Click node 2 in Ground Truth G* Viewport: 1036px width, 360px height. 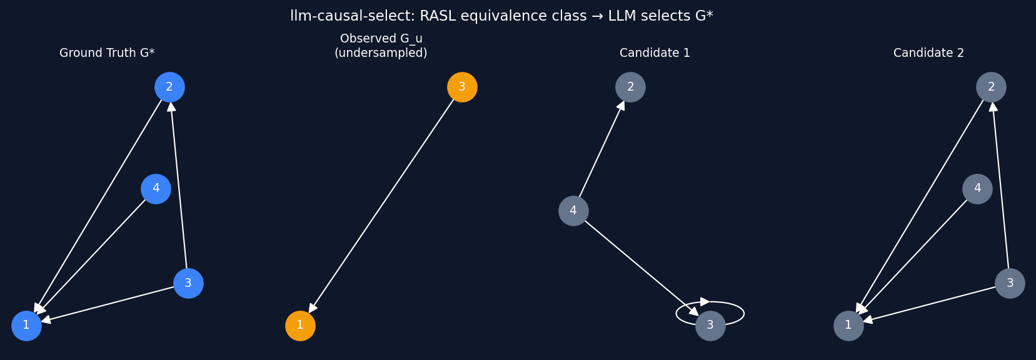coord(169,87)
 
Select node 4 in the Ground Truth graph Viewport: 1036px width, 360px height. coord(156,189)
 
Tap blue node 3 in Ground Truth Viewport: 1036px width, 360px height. coord(188,283)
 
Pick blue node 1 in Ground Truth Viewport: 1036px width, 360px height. coord(26,326)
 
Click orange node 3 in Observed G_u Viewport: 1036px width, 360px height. coord(462,87)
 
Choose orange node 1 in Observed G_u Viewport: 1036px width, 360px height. coord(300,326)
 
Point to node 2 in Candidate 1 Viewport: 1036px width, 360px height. coord(630,87)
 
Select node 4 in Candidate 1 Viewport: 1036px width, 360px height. coord(573,211)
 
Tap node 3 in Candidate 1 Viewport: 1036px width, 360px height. coord(710,326)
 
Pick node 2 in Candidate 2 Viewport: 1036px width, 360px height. coord(991,87)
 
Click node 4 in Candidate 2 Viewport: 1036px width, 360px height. coord(977,189)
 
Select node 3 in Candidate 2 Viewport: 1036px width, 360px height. coord(1010,283)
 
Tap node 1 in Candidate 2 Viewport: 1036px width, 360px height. coord(848,326)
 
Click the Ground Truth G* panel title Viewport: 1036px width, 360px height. coord(107,53)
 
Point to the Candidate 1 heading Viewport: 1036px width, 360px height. coord(655,53)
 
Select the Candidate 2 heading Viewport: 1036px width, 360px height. coord(928,53)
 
